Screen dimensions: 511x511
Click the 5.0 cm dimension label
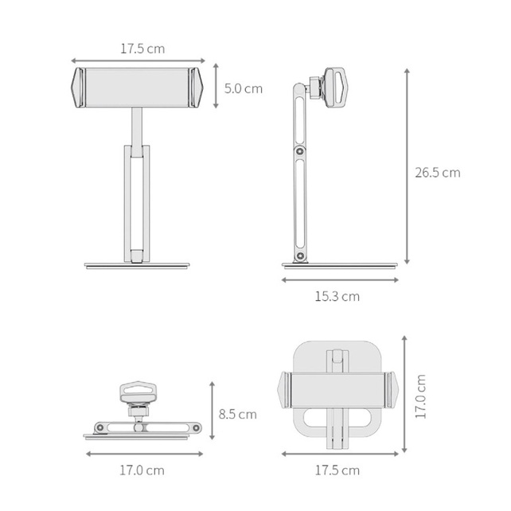pos(244,88)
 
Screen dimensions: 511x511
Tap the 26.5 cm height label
pos(438,173)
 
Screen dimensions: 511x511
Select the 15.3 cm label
pos(337,297)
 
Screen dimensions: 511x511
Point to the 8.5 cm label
pos(237,415)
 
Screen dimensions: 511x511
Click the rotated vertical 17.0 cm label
pos(420,396)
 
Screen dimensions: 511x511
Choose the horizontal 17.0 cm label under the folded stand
pos(142,470)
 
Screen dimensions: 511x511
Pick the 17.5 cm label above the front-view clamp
pos(142,49)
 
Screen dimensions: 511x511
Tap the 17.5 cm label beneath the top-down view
pos(337,470)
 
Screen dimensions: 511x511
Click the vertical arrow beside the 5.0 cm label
pos(216,86)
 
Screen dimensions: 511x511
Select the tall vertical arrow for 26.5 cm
pos(407,166)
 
